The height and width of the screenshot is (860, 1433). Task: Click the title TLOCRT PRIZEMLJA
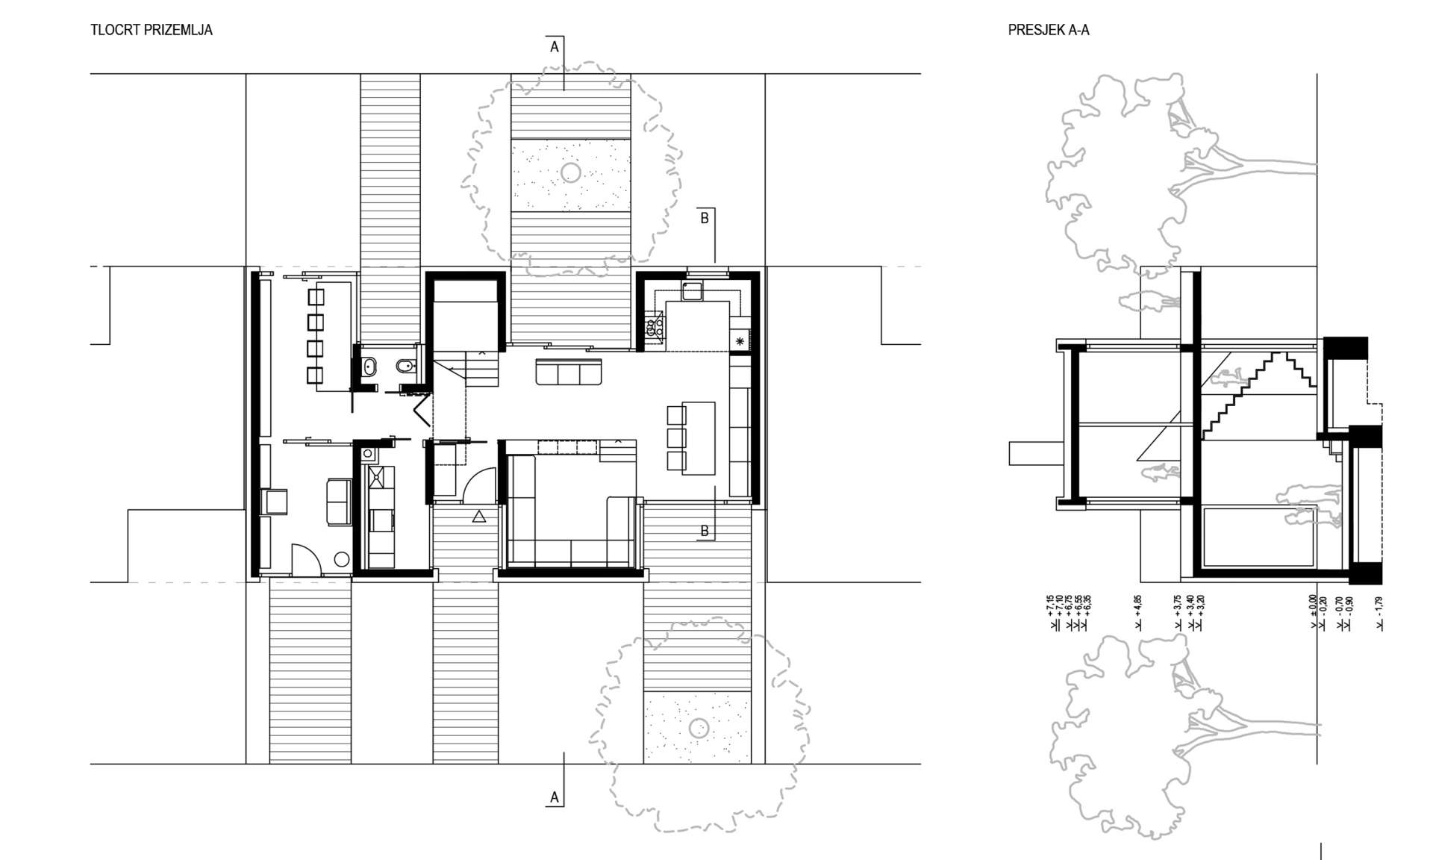click(152, 30)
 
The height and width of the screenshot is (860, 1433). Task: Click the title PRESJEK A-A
click(1049, 30)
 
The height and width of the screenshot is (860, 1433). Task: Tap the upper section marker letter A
click(555, 47)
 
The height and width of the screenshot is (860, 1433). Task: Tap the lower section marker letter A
click(555, 797)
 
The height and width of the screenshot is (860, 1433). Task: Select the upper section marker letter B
click(705, 218)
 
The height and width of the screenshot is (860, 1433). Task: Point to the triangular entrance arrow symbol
click(479, 516)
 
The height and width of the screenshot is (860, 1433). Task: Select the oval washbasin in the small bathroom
click(369, 367)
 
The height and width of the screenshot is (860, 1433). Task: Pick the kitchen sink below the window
click(691, 290)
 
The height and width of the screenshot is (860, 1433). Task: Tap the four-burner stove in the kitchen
click(655, 328)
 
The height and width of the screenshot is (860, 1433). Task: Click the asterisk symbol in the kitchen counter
click(740, 341)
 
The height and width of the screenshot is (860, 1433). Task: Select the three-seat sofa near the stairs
click(569, 372)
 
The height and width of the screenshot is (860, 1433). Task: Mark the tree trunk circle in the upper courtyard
click(571, 173)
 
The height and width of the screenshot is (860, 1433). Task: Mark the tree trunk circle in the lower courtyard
click(699, 728)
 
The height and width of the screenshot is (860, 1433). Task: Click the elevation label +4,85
click(1137, 613)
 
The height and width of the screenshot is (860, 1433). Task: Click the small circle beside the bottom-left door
click(342, 558)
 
